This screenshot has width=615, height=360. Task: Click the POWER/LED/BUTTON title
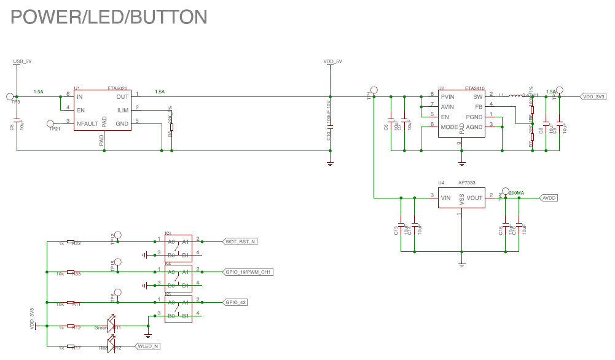tap(108, 17)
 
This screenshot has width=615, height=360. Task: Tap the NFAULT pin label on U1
tap(88, 124)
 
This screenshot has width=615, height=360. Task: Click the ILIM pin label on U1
tap(123, 111)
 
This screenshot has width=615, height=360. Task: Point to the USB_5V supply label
tap(22, 61)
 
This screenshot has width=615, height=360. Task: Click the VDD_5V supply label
tap(332, 61)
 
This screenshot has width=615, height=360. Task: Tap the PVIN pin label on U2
tap(449, 96)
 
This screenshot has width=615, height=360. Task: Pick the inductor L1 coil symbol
tap(520, 95)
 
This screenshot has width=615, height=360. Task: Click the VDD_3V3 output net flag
tap(593, 96)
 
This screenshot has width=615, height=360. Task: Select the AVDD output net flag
tap(549, 198)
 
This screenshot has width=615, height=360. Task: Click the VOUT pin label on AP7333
tap(474, 198)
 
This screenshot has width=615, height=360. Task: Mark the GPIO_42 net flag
tap(236, 302)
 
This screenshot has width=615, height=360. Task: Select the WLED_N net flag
tap(148, 346)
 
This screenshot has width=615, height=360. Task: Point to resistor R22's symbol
tap(71, 242)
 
